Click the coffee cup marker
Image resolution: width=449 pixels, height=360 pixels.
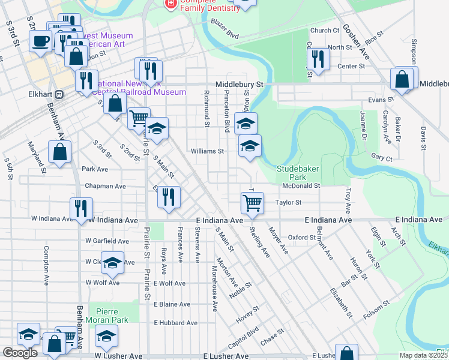pyautogui.click(x=41, y=41)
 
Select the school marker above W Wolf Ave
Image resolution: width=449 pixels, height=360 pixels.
pyautogui.click(x=112, y=262)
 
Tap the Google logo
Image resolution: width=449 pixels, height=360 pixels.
pyautogui.click(x=20, y=353)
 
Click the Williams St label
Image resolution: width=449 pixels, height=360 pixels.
pyautogui.click(x=208, y=151)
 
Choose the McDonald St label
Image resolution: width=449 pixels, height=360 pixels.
pyautogui.click(x=301, y=186)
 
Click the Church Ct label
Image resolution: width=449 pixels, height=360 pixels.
pyautogui.click(x=325, y=31)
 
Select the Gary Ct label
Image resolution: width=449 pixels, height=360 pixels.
pyautogui.click(x=381, y=157)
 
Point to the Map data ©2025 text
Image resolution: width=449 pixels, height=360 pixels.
pyautogui.click(x=424, y=355)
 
